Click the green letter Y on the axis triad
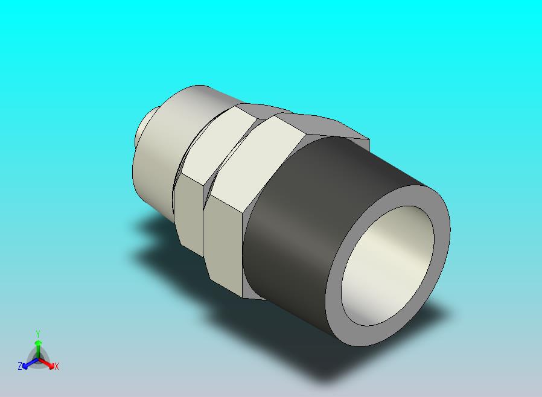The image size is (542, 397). click(x=38, y=334)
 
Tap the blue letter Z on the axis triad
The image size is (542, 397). click(x=20, y=366)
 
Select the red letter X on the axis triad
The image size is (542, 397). click(x=57, y=366)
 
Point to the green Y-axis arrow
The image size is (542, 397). click(x=38, y=350)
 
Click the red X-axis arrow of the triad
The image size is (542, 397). click(x=46, y=363)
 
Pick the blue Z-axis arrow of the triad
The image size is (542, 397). click(x=30, y=363)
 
